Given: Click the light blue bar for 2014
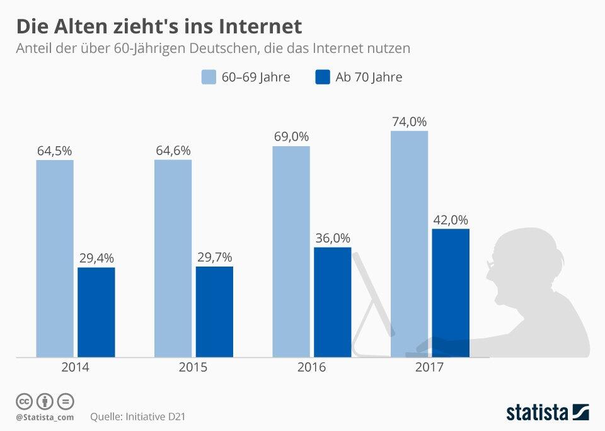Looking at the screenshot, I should [x=55, y=258].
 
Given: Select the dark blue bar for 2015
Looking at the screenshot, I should [x=214, y=312].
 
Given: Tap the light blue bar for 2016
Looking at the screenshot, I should [x=291, y=252].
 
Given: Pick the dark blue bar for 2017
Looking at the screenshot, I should [x=451, y=293].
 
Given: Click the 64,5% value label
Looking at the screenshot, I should [x=54, y=151].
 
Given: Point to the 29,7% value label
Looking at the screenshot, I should [x=214, y=257].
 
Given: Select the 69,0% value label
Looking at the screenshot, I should [x=291, y=137].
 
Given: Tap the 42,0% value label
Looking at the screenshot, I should [x=451, y=220].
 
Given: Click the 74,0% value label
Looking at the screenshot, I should [x=410, y=122].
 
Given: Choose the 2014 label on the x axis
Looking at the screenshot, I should [x=75, y=367].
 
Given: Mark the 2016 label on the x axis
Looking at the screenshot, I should [x=311, y=367].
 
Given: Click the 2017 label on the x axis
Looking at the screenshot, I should [x=429, y=367].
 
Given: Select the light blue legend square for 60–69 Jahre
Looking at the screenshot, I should [x=209, y=78].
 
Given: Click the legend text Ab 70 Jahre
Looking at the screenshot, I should [x=369, y=78].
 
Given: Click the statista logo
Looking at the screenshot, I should [x=547, y=412].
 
